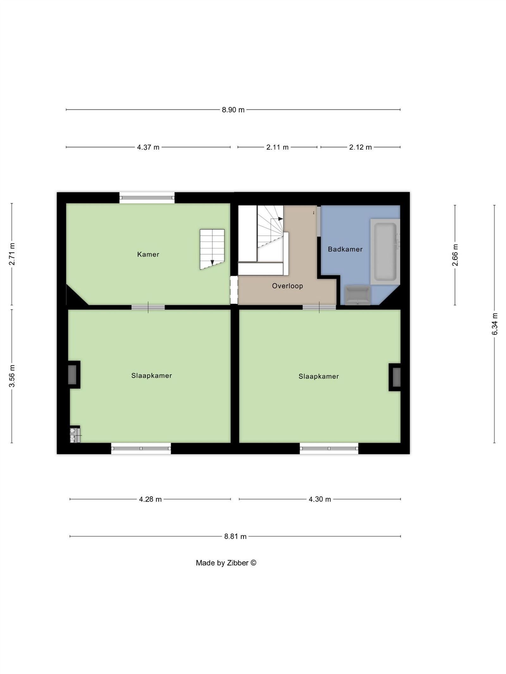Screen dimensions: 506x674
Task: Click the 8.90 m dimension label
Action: click(233, 110)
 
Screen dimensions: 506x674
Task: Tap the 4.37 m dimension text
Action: click(148, 147)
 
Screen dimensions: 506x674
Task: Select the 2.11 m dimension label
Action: click(277, 147)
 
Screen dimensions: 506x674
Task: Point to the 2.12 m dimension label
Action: click(360, 147)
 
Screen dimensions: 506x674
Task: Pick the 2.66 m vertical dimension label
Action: click(455, 255)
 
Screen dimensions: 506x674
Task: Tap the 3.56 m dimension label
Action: click(12, 376)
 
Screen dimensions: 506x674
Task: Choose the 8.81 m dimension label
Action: click(235, 537)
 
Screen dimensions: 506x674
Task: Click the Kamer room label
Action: click(148, 254)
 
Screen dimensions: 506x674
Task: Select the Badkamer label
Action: click(345, 249)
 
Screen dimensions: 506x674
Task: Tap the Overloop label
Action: click(287, 286)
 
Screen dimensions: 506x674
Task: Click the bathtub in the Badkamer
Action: click(385, 252)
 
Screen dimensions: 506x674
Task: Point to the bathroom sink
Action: click(358, 295)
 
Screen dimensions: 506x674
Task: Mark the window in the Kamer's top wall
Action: click(147, 198)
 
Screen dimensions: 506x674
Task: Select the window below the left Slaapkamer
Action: click(141, 448)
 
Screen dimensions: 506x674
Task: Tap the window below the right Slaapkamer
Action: click(329, 448)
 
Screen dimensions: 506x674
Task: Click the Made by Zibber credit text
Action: click(226, 563)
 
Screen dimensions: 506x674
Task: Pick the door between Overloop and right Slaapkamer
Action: click(319, 307)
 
